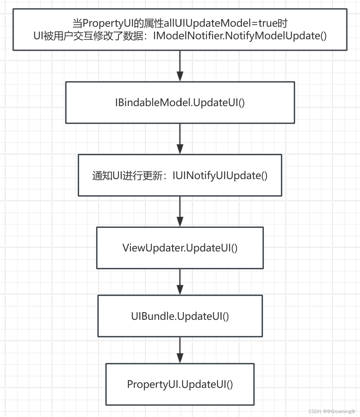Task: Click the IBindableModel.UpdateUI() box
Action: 180,102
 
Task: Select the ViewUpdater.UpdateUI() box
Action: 180,248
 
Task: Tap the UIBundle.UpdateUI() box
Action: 180,316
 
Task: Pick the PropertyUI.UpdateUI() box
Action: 180,384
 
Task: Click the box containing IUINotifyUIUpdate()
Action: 180,175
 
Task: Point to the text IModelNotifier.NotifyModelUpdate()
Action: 240,36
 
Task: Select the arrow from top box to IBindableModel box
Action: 180,66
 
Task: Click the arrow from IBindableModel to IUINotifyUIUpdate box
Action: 180,139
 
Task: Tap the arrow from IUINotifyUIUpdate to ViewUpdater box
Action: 180,212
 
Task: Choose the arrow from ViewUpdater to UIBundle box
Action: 180,282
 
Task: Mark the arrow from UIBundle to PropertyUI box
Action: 180,350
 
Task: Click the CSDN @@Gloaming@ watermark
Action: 332,411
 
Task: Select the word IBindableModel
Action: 153,102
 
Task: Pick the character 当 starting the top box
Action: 77,23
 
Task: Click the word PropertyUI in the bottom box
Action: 152,384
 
